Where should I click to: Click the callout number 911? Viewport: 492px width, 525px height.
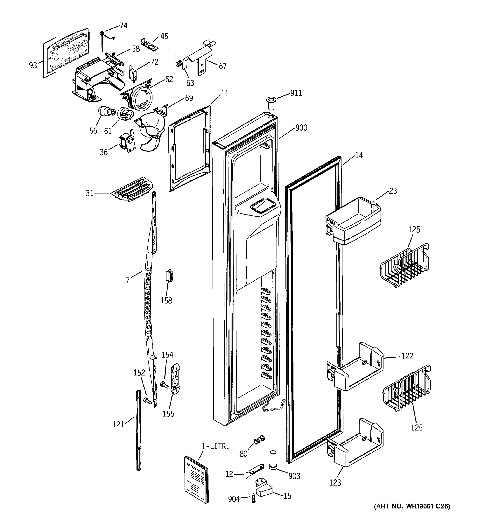click(296, 93)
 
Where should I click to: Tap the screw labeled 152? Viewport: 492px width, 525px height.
click(148, 401)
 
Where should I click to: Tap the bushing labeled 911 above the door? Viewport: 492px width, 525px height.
click(270, 103)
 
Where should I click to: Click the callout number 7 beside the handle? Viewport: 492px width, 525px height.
click(127, 280)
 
